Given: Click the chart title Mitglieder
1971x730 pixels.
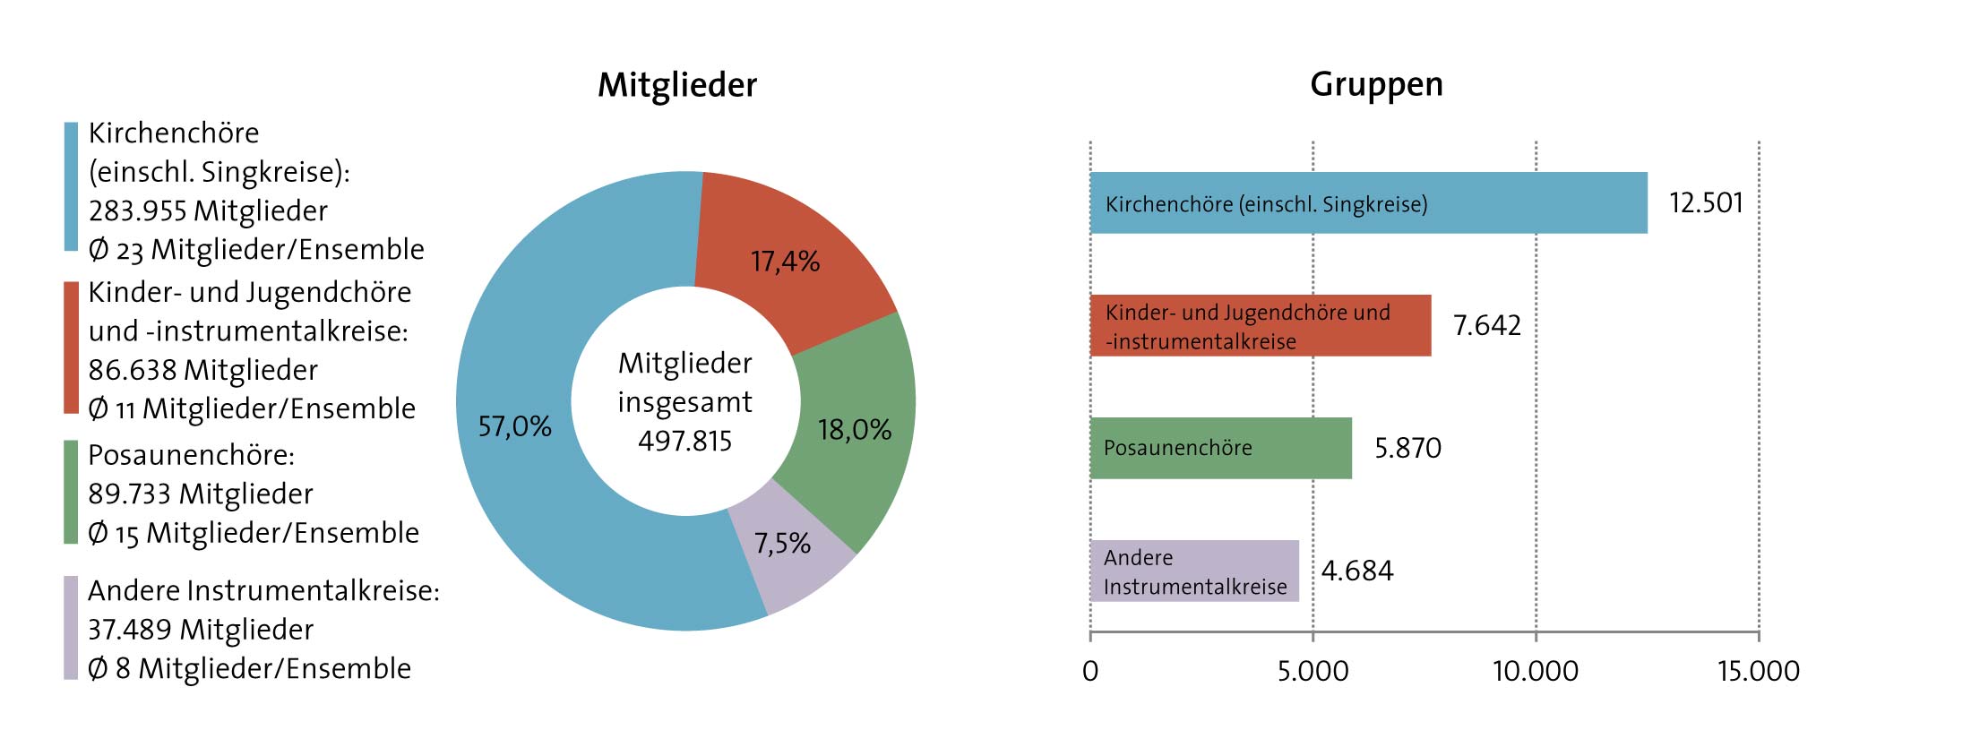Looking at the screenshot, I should pyautogui.click(x=677, y=85).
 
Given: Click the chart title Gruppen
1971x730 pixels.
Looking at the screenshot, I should pyautogui.click(x=1376, y=84).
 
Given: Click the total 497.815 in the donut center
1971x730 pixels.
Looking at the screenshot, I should pyautogui.click(x=685, y=441).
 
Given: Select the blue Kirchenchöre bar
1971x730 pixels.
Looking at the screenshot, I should pyautogui.click(x=1523, y=203).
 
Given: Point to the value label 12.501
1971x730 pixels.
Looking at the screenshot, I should pyautogui.click(x=1706, y=203).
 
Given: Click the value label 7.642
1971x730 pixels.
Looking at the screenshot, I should pyautogui.click(x=1487, y=325).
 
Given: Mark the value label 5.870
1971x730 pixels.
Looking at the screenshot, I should pyautogui.click(x=1407, y=448).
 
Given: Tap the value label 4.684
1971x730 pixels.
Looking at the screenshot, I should pyautogui.click(x=1357, y=571).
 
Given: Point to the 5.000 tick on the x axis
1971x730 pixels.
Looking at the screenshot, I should pyautogui.click(x=1313, y=671).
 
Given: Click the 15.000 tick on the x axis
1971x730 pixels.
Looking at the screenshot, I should pyautogui.click(x=1758, y=671).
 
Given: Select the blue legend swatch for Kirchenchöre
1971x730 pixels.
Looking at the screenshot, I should pyautogui.click(x=71, y=186).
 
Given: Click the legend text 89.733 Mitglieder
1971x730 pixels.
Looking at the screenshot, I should pyautogui.click(x=201, y=494).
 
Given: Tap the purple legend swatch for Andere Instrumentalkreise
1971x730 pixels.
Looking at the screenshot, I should pyautogui.click(x=71, y=628).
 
